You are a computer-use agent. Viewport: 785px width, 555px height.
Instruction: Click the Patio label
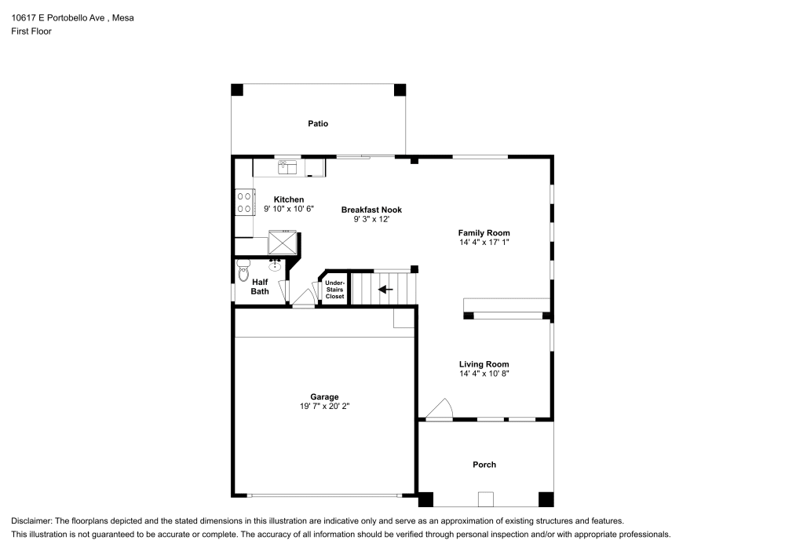(317, 124)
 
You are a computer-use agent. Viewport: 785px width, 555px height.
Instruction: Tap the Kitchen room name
(288, 199)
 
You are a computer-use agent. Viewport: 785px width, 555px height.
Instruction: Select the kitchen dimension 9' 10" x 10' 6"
(288, 210)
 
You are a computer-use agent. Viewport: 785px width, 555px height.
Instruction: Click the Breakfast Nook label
(371, 210)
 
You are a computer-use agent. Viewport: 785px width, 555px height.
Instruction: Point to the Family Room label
(484, 232)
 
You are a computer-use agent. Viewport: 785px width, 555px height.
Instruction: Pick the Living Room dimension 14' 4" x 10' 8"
(484, 374)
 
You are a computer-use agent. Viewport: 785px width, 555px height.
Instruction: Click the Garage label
(324, 397)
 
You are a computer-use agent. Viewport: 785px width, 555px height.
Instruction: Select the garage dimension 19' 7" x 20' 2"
(324, 407)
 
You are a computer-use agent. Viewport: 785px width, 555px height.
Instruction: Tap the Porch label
(484, 465)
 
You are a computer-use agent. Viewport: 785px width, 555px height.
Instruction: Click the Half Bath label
(260, 287)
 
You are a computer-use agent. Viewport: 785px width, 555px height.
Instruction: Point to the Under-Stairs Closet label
(334, 289)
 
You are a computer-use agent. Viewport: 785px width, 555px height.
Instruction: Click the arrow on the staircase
(385, 289)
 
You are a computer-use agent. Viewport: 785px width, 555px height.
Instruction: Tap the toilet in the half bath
(243, 271)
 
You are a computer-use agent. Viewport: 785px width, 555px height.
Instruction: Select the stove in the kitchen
(243, 203)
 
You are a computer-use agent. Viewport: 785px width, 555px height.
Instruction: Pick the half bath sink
(276, 265)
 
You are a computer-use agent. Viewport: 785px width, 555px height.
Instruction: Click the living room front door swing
(440, 409)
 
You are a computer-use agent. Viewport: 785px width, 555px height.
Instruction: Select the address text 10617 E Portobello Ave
(60, 17)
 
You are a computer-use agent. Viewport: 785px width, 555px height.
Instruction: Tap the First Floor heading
(31, 31)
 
